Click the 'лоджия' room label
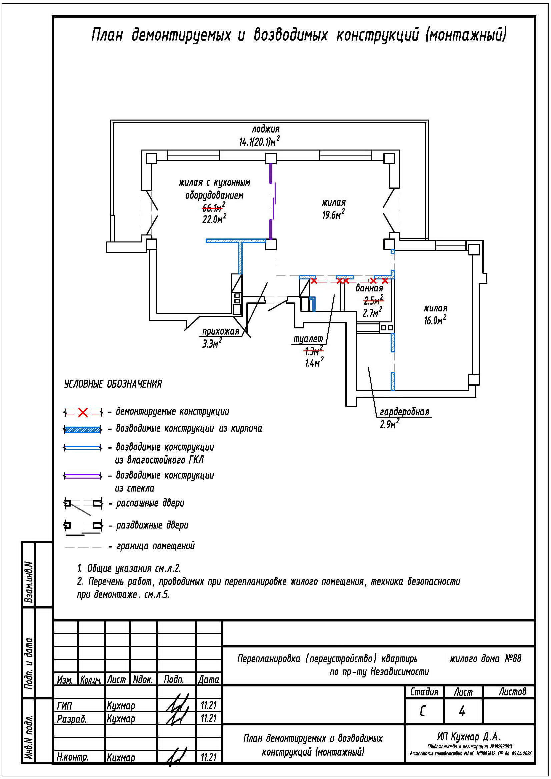point(265,129)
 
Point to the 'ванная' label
point(369,288)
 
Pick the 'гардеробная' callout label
point(404,412)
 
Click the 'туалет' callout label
point(308,339)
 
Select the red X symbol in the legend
point(83,413)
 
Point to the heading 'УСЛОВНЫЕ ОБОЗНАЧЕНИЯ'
point(113,384)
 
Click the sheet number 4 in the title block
point(462,711)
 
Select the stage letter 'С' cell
point(423,711)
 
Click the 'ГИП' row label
point(65,706)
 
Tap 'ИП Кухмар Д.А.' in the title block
point(469,737)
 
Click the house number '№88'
point(513,659)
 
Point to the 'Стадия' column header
point(424,692)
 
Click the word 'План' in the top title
point(107,35)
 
